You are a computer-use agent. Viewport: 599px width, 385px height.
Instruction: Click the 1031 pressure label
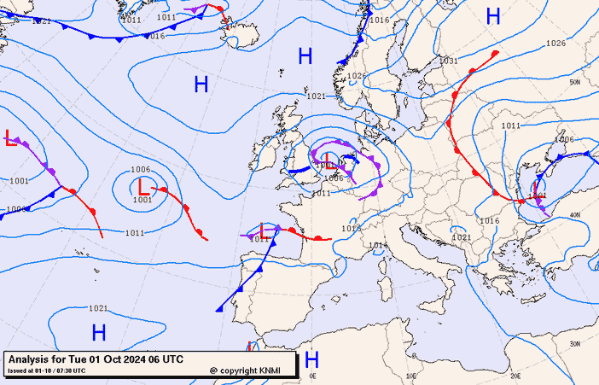pos(448,61)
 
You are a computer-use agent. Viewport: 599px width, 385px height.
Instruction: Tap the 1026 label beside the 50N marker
pos(555,43)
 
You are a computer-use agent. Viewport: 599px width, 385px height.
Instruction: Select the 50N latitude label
pos(575,82)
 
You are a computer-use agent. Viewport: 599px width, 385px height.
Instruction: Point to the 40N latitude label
pos(575,214)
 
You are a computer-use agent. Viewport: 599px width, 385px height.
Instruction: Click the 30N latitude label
pos(575,343)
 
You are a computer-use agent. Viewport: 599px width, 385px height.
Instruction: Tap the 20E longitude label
pos(515,376)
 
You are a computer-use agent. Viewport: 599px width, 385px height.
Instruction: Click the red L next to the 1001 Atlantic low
pos(143,185)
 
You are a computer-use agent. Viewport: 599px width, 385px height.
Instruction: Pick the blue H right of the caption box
pos(311,359)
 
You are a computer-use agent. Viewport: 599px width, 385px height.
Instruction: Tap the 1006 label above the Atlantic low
pos(141,170)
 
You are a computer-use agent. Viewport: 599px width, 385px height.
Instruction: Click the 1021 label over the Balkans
pos(461,237)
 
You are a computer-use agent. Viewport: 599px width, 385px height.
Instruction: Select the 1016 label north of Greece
pos(489,220)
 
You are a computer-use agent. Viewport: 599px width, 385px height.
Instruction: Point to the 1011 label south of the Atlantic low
pos(134,233)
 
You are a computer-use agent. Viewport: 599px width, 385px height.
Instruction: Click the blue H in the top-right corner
pos(493,15)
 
